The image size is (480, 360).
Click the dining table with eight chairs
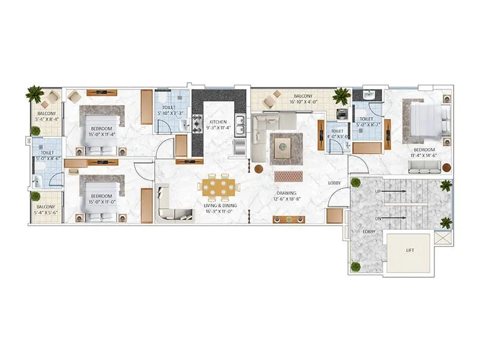click(218, 186)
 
